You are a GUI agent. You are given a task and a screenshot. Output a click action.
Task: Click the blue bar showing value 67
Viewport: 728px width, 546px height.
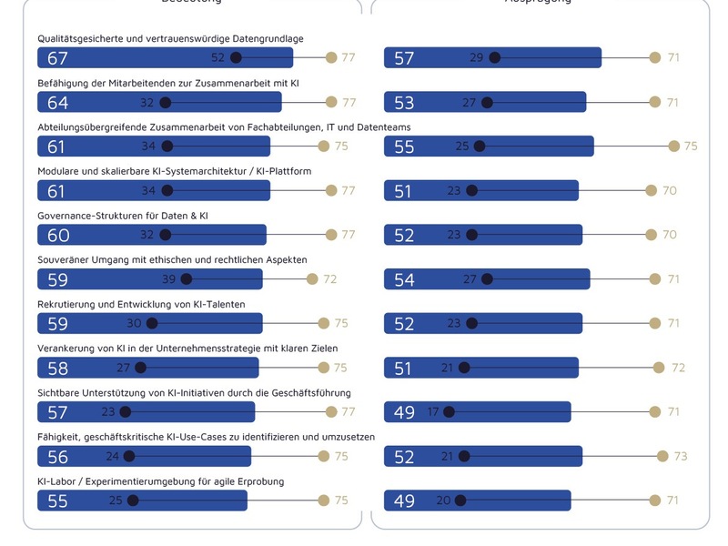click(x=165, y=57)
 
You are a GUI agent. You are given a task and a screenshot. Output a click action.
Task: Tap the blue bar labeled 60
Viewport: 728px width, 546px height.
click(x=151, y=235)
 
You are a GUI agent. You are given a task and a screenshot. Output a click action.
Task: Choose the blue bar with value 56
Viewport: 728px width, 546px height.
click(x=144, y=456)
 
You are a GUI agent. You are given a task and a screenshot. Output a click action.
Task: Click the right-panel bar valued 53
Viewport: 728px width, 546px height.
click(x=485, y=102)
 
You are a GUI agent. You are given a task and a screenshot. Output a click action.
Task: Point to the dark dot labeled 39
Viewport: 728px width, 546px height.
click(x=194, y=279)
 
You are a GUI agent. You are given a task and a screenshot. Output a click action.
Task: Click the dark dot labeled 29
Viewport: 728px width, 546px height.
click(x=495, y=57)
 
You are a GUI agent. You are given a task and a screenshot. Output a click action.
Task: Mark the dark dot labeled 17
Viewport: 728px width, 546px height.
click(x=450, y=412)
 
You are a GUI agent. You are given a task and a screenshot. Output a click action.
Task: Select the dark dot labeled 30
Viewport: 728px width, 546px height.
click(x=152, y=323)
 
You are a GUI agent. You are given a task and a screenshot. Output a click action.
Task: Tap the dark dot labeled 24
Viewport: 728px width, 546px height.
click(x=129, y=456)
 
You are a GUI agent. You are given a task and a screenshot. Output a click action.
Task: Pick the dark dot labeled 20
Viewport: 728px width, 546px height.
click(x=461, y=500)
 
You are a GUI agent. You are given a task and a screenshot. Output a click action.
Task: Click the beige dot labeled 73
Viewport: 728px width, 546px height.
click(x=662, y=456)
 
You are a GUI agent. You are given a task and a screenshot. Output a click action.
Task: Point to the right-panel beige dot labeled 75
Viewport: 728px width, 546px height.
click(x=673, y=146)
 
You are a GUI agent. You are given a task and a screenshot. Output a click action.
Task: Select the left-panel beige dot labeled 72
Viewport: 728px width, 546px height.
click(x=312, y=279)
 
